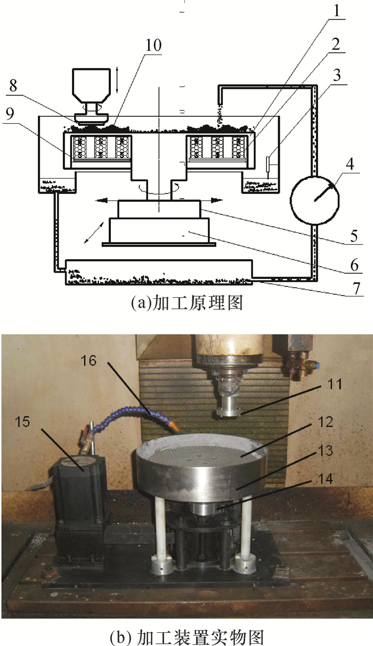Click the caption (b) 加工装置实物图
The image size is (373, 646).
coord(186,636)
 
